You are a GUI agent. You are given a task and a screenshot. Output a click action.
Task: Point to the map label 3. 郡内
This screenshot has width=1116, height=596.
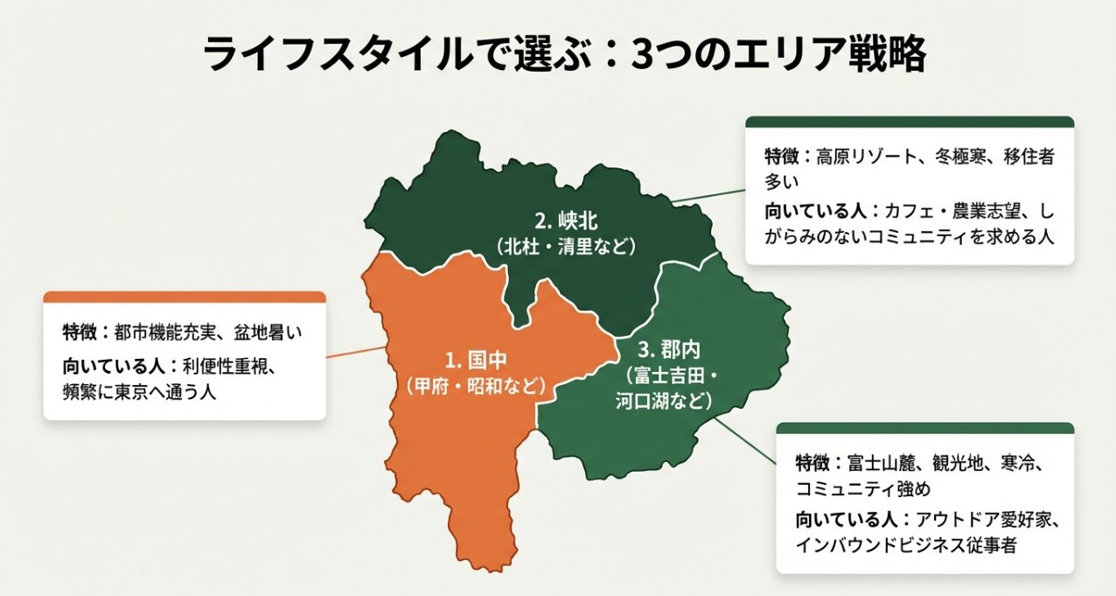point(669,350)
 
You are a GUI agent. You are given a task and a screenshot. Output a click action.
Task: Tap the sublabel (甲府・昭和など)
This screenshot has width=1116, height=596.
point(476,386)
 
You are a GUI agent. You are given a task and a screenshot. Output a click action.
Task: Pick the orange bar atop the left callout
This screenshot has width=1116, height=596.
point(185,298)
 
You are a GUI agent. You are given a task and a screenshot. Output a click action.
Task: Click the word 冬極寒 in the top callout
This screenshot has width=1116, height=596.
point(955,158)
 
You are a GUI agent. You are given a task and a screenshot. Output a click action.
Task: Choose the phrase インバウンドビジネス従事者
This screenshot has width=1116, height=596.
point(905,545)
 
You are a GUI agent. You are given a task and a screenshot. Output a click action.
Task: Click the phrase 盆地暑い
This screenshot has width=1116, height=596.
point(269,333)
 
